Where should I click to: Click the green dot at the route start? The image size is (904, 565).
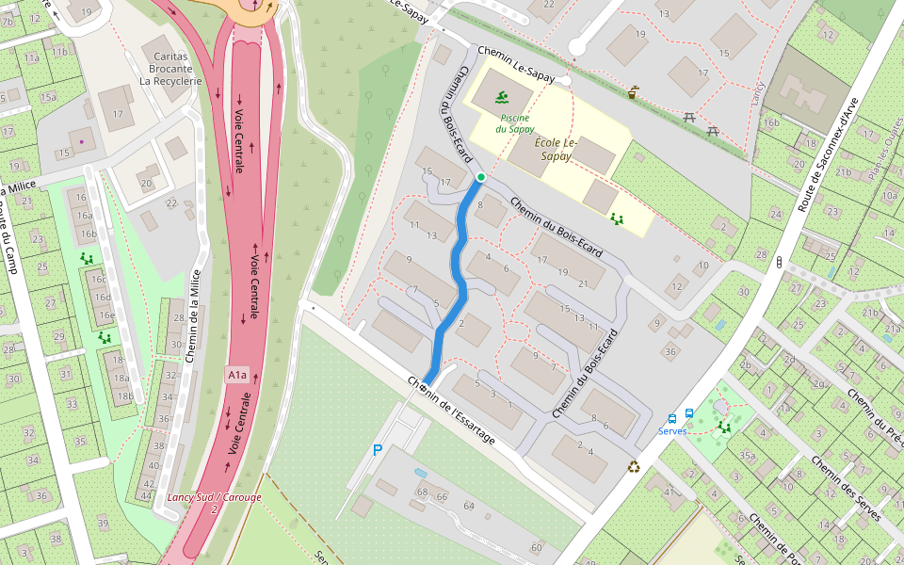point(480,177)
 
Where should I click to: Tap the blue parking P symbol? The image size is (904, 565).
point(378,450)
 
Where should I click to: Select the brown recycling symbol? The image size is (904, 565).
point(635,466)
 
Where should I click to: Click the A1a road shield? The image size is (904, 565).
point(236,375)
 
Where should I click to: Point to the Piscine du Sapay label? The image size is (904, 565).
point(515,122)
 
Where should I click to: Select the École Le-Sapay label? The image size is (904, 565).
point(553,150)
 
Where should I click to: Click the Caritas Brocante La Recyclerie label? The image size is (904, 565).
point(170,69)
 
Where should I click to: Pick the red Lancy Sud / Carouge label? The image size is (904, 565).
point(214,496)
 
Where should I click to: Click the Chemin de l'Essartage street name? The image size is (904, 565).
point(451,412)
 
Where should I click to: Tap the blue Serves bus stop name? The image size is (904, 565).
point(672,430)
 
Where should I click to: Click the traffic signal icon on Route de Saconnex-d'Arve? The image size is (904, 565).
point(779,263)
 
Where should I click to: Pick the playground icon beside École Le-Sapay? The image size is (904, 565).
point(618,218)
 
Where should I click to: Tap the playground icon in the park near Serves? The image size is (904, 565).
point(724,427)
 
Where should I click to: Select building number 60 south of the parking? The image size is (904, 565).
point(537,548)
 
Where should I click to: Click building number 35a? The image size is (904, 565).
point(747,456)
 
